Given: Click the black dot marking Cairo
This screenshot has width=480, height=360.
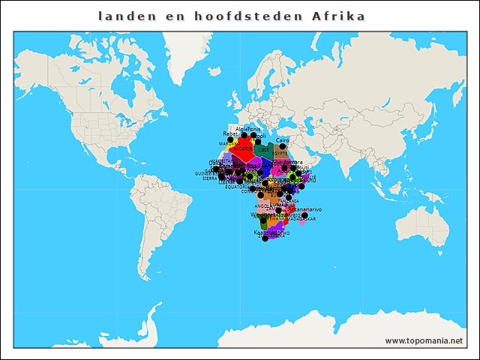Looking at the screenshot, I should pyautogui.click(x=283, y=147).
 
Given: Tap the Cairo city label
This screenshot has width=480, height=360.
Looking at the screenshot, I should pyautogui.click(x=283, y=140).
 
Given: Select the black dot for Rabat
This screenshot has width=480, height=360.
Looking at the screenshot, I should pyautogui.click(x=230, y=140).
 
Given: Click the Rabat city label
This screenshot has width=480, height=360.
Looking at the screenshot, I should pyautogui.click(x=229, y=134).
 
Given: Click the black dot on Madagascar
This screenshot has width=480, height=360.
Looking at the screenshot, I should pyautogui.click(x=304, y=215).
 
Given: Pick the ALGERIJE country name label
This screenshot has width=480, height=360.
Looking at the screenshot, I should pyautogui.click(x=242, y=148).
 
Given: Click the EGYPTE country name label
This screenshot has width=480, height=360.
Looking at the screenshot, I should pyautogui.click(x=280, y=153).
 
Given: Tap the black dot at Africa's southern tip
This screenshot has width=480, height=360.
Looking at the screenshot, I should pyautogui.click(x=265, y=238).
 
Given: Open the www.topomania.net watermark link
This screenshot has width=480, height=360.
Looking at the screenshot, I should pyautogui.click(x=424, y=340).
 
